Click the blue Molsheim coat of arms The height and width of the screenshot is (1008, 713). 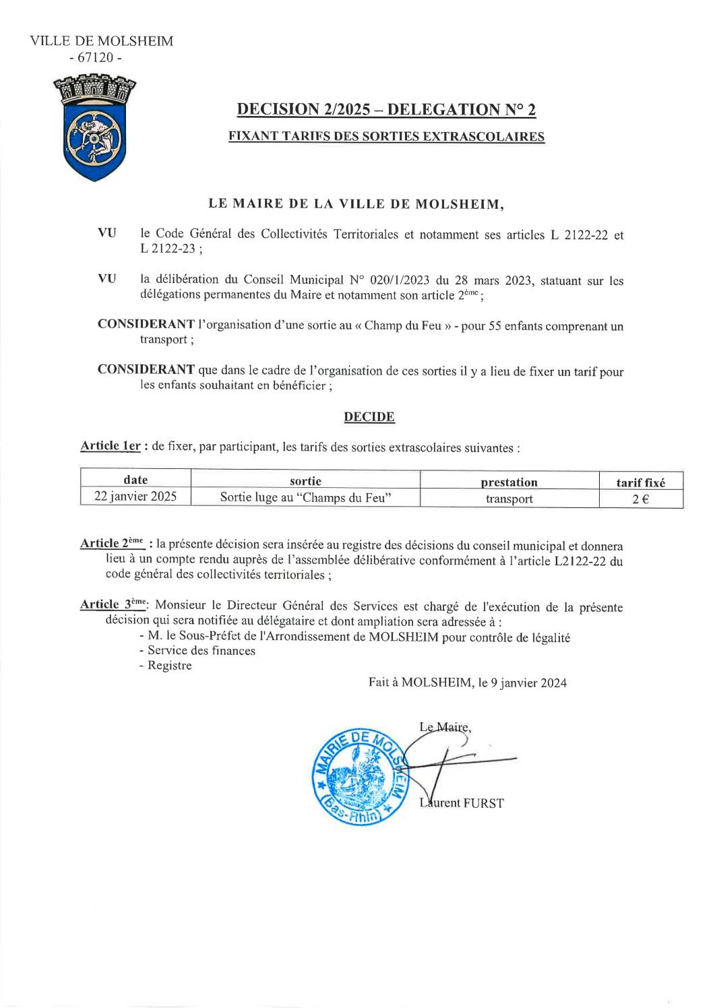coord(94,129)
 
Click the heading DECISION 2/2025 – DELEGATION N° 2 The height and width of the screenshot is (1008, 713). coord(387,109)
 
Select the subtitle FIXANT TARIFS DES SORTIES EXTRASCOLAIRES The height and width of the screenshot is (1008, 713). coord(387,136)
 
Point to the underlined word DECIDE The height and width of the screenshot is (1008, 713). coord(369,417)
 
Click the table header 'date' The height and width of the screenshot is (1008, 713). coord(135,480)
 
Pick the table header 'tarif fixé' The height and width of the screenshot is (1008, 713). coord(640,482)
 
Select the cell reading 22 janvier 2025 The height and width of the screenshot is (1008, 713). coord(135,497)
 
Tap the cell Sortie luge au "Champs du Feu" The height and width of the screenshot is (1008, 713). coord(306,498)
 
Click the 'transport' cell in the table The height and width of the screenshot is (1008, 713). coord(509,499)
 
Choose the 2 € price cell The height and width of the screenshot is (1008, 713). coord(640,499)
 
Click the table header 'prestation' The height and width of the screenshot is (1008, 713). coord(509,482)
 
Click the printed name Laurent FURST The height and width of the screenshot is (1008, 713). coord(461,802)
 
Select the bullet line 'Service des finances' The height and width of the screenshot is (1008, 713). coord(201,650)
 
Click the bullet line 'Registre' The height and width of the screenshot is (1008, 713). coord(169,666)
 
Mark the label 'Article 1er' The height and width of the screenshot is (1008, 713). coord(110,446)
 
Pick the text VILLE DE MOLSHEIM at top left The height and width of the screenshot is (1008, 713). coord(102,41)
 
